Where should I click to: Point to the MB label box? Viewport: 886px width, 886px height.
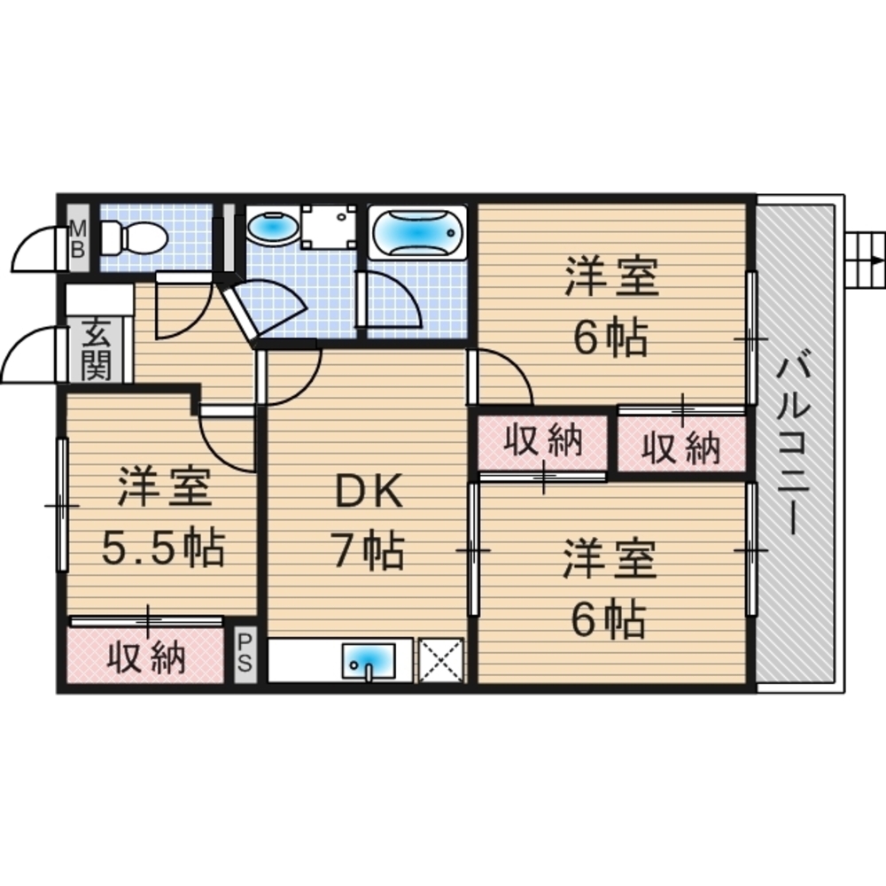coord(78,237)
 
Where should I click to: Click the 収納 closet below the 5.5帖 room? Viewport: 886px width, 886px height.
coord(146,657)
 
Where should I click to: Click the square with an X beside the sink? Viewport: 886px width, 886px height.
coord(440,660)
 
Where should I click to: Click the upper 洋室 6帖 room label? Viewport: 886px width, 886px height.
coord(611,308)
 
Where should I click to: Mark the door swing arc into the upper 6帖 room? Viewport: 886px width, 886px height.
coord(505,377)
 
